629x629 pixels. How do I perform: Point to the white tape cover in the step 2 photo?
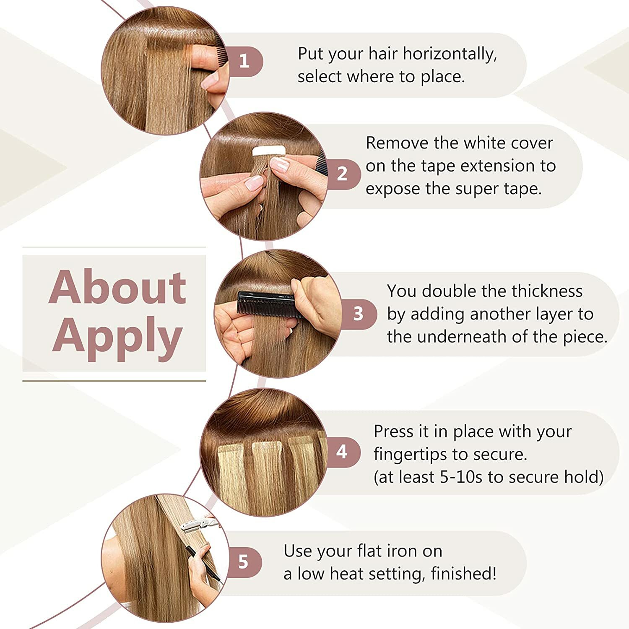pyautogui.click(x=269, y=151)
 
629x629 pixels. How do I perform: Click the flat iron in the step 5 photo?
pyautogui.click(x=197, y=524)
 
